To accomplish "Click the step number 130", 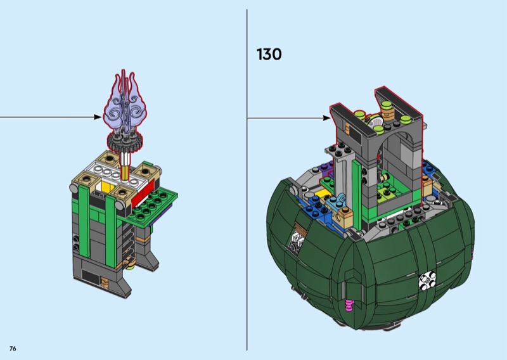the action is pyautogui.click(x=269, y=55).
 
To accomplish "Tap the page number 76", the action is pyautogui.click(x=13, y=349).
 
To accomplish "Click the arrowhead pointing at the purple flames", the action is pyautogui.click(x=98, y=117).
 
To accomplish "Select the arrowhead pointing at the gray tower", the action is pyautogui.click(x=326, y=118).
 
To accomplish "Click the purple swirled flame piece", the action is pyautogui.click(x=124, y=103).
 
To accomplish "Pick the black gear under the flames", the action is pyautogui.click(x=125, y=143).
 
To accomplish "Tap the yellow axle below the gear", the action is pyautogui.click(x=125, y=170).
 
